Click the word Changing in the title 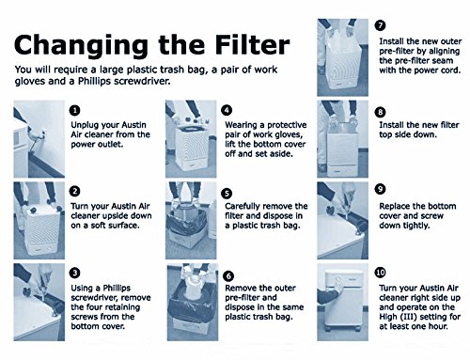point(81,47)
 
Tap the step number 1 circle point(75,110)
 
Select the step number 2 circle point(75,191)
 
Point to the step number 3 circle point(75,273)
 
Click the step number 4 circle point(227,110)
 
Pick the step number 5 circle point(227,194)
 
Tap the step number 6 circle point(228,276)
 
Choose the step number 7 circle point(380,25)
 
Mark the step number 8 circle point(380,112)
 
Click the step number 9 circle point(380,189)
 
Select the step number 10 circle point(380,273)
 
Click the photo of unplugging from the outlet point(39,139)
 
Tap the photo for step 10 point(342,303)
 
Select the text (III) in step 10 point(409,317)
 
